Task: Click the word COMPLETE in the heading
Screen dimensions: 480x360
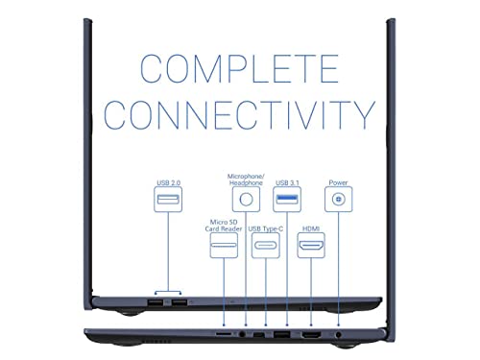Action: pyautogui.click(x=239, y=68)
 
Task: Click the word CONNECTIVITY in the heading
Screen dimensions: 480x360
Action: pyautogui.click(x=239, y=115)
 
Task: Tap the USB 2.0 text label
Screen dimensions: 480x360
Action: pyautogui.click(x=168, y=182)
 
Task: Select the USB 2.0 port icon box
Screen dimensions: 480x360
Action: pyautogui.click(x=168, y=200)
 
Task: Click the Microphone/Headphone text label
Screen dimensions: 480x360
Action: pyautogui.click(x=246, y=180)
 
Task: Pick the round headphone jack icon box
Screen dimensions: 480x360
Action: pyautogui.click(x=246, y=200)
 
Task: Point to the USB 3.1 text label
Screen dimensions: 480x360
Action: pyautogui.click(x=287, y=182)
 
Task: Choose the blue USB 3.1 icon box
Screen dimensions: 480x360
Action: pyautogui.click(x=287, y=200)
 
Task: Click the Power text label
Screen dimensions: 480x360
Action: pyautogui.click(x=338, y=182)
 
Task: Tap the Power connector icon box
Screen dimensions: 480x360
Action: pyautogui.click(x=339, y=200)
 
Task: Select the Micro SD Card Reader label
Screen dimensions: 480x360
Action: pyautogui.click(x=224, y=226)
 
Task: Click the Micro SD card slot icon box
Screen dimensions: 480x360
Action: pyautogui.click(x=224, y=246)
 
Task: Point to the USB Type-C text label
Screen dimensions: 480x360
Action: pyautogui.click(x=266, y=228)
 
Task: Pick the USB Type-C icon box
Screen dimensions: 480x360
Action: pyautogui.click(x=266, y=246)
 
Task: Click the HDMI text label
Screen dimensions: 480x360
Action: pyautogui.click(x=311, y=228)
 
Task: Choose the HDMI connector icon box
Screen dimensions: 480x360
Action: pyautogui.click(x=311, y=246)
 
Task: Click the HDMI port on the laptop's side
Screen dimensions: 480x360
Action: pyautogui.click(x=311, y=335)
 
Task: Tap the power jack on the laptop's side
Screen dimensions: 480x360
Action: pyautogui.click(x=339, y=335)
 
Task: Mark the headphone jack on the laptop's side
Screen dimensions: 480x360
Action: pyautogui.click(x=242, y=334)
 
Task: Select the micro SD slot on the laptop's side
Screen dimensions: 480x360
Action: pyautogui.click(x=224, y=334)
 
